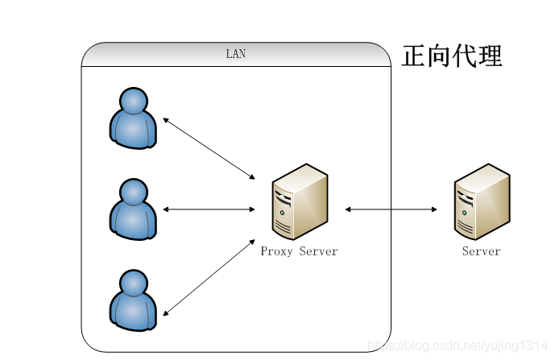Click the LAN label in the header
[x=236, y=55]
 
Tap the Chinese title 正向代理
[x=452, y=56]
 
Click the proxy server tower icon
[x=300, y=201]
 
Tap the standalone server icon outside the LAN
[x=482, y=201]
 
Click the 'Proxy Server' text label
[x=299, y=251]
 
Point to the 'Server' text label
[x=482, y=251]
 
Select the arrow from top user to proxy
[x=209, y=148]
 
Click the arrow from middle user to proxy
[x=209, y=209]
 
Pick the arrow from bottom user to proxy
[x=209, y=276]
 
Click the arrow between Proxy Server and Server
[x=391, y=209]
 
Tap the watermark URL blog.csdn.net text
[x=456, y=345]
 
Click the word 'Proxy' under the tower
[x=276, y=251]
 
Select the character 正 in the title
[x=413, y=56]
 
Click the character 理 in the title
[x=490, y=56]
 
